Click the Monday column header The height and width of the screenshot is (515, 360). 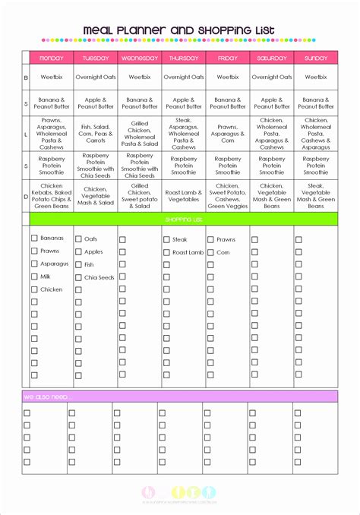tap(51, 58)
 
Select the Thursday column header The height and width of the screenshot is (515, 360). tap(183, 58)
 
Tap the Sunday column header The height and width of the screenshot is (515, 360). tap(315, 58)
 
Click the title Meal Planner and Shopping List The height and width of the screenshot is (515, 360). tap(179, 30)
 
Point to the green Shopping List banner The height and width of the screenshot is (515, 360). tap(183, 220)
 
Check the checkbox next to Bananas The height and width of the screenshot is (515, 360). tap(34, 239)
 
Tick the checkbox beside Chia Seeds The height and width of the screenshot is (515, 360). tap(78, 277)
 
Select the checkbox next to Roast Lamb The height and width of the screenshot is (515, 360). tap(166, 251)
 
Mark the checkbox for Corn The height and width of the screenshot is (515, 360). tap(210, 251)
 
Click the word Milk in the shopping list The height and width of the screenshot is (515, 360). tap(47, 276)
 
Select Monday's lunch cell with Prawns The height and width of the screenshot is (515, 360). tap(51, 132)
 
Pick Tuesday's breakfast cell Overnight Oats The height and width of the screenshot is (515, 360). tap(95, 77)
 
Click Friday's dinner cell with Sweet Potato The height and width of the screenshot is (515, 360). tap(227, 196)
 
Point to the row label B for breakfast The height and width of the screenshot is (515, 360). tap(25, 77)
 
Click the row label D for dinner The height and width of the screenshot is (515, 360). tap(25, 195)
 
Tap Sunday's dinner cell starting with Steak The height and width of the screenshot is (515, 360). tap(315, 196)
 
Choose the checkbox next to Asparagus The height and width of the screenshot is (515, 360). tap(34, 264)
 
